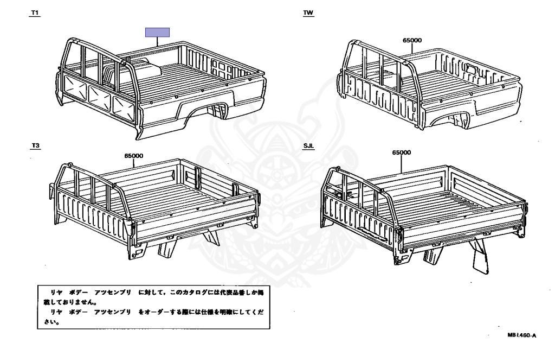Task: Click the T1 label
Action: [35, 12]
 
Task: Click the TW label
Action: [308, 12]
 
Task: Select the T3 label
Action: [36, 146]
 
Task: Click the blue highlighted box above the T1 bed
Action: [157, 32]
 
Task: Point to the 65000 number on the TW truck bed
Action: [412, 40]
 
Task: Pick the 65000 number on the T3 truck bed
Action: [133, 156]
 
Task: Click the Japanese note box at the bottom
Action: [153, 307]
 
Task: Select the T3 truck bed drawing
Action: [157, 206]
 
